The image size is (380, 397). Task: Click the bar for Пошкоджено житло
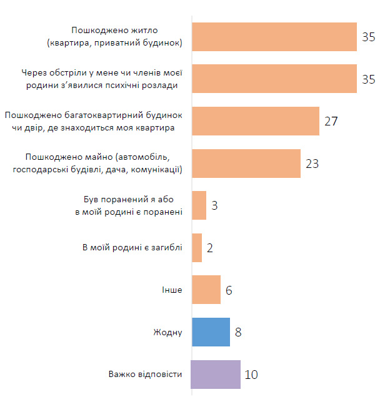point(273,37)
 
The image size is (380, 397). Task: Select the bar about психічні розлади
point(273,79)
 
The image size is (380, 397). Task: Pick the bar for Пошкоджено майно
point(245,164)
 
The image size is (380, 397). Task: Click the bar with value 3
point(198,205)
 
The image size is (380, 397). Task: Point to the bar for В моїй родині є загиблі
point(196,248)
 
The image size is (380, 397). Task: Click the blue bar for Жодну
point(210,332)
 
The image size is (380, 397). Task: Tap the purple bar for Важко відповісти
point(215,375)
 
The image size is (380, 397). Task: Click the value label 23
point(312,164)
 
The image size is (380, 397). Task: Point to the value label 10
point(252,375)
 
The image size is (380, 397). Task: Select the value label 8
point(238,332)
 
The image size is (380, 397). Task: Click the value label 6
point(229,290)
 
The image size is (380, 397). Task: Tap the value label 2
point(210,248)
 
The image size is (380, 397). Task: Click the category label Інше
point(172,290)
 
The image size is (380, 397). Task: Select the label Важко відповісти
point(145,375)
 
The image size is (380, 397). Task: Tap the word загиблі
point(166,248)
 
